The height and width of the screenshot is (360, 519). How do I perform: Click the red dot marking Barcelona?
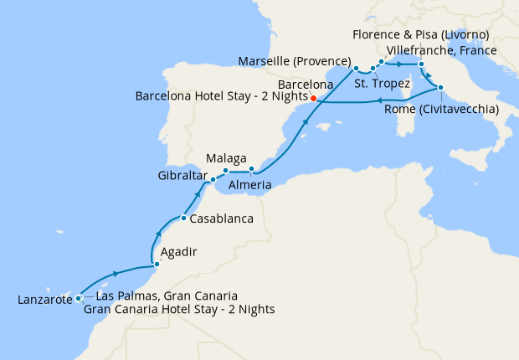coord(313,98)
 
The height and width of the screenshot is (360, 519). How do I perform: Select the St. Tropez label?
coord(382,83)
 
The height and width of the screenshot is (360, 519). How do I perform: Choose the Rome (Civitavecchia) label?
coord(448,109)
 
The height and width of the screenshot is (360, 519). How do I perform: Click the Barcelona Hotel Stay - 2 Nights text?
coord(221,96)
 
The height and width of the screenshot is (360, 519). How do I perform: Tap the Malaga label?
coord(226,158)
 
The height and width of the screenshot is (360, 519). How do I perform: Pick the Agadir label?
coord(178,249)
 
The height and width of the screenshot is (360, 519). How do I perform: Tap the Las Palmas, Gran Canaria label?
coord(167,296)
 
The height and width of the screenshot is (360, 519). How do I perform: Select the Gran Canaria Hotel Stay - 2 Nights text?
coord(179,309)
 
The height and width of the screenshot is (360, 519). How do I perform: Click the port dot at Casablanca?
coord(183,219)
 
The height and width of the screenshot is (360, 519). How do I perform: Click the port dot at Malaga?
coord(226,172)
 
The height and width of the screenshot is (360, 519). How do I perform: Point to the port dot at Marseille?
coord(356,68)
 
